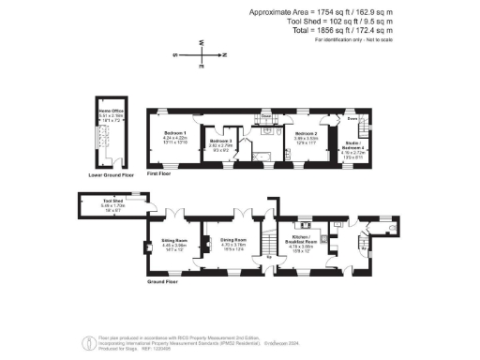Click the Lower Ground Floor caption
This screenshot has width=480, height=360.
tap(111, 174)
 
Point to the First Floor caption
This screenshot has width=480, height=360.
tap(158, 174)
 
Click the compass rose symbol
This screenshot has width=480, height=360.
tap(200, 55)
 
